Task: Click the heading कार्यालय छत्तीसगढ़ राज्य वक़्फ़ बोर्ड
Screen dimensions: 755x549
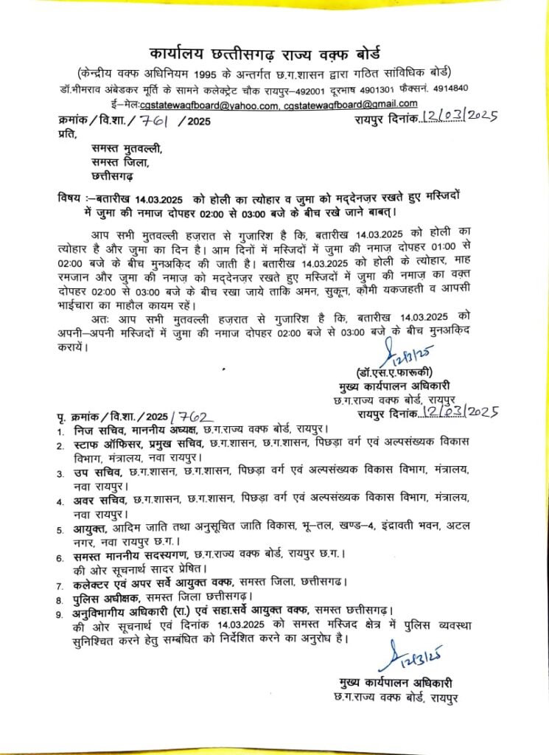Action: pos(274,55)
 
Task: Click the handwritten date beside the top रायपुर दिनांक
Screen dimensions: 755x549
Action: pos(461,116)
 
